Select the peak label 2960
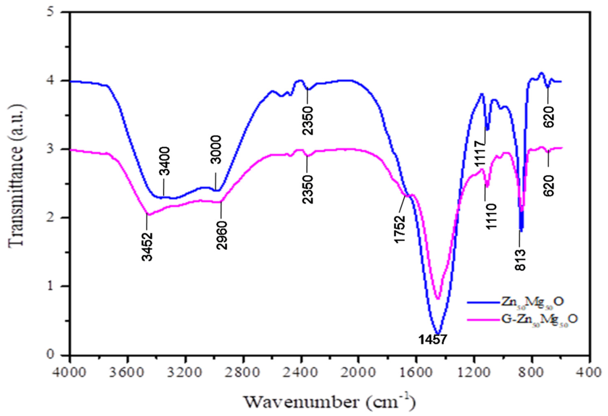click(x=222, y=235)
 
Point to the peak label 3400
click(x=165, y=161)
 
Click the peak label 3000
click(x=216, y=150)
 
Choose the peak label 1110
click(x=491, y=217)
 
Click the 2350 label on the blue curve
click(x=308, y=121)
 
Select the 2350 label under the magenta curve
click(x=308, y=189)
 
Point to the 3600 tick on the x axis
click(x=127, y=372)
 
